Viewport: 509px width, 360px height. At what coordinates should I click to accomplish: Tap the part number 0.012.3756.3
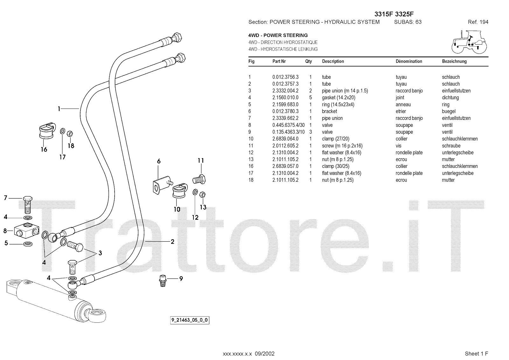[285, 77]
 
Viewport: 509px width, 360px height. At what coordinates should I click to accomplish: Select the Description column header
[333, 61]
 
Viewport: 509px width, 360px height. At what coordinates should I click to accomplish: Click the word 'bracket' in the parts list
[329, 111]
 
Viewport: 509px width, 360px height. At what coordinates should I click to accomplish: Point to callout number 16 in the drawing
[44, 149]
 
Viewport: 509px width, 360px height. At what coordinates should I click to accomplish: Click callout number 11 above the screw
[200, 161]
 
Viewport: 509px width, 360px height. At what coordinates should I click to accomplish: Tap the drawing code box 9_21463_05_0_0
[190, 320]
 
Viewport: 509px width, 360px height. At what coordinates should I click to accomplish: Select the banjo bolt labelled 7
[28, 204]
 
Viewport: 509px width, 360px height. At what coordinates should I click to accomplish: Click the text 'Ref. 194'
[478, 22]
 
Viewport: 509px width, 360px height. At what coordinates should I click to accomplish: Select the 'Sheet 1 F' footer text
[476, 354]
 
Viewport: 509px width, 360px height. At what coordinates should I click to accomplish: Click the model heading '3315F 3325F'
[394, 14]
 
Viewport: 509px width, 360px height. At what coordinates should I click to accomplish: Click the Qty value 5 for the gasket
[310, 98]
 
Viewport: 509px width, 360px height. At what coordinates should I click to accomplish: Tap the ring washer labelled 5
[28, 244]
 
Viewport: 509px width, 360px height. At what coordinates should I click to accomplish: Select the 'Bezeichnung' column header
[454, 61]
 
